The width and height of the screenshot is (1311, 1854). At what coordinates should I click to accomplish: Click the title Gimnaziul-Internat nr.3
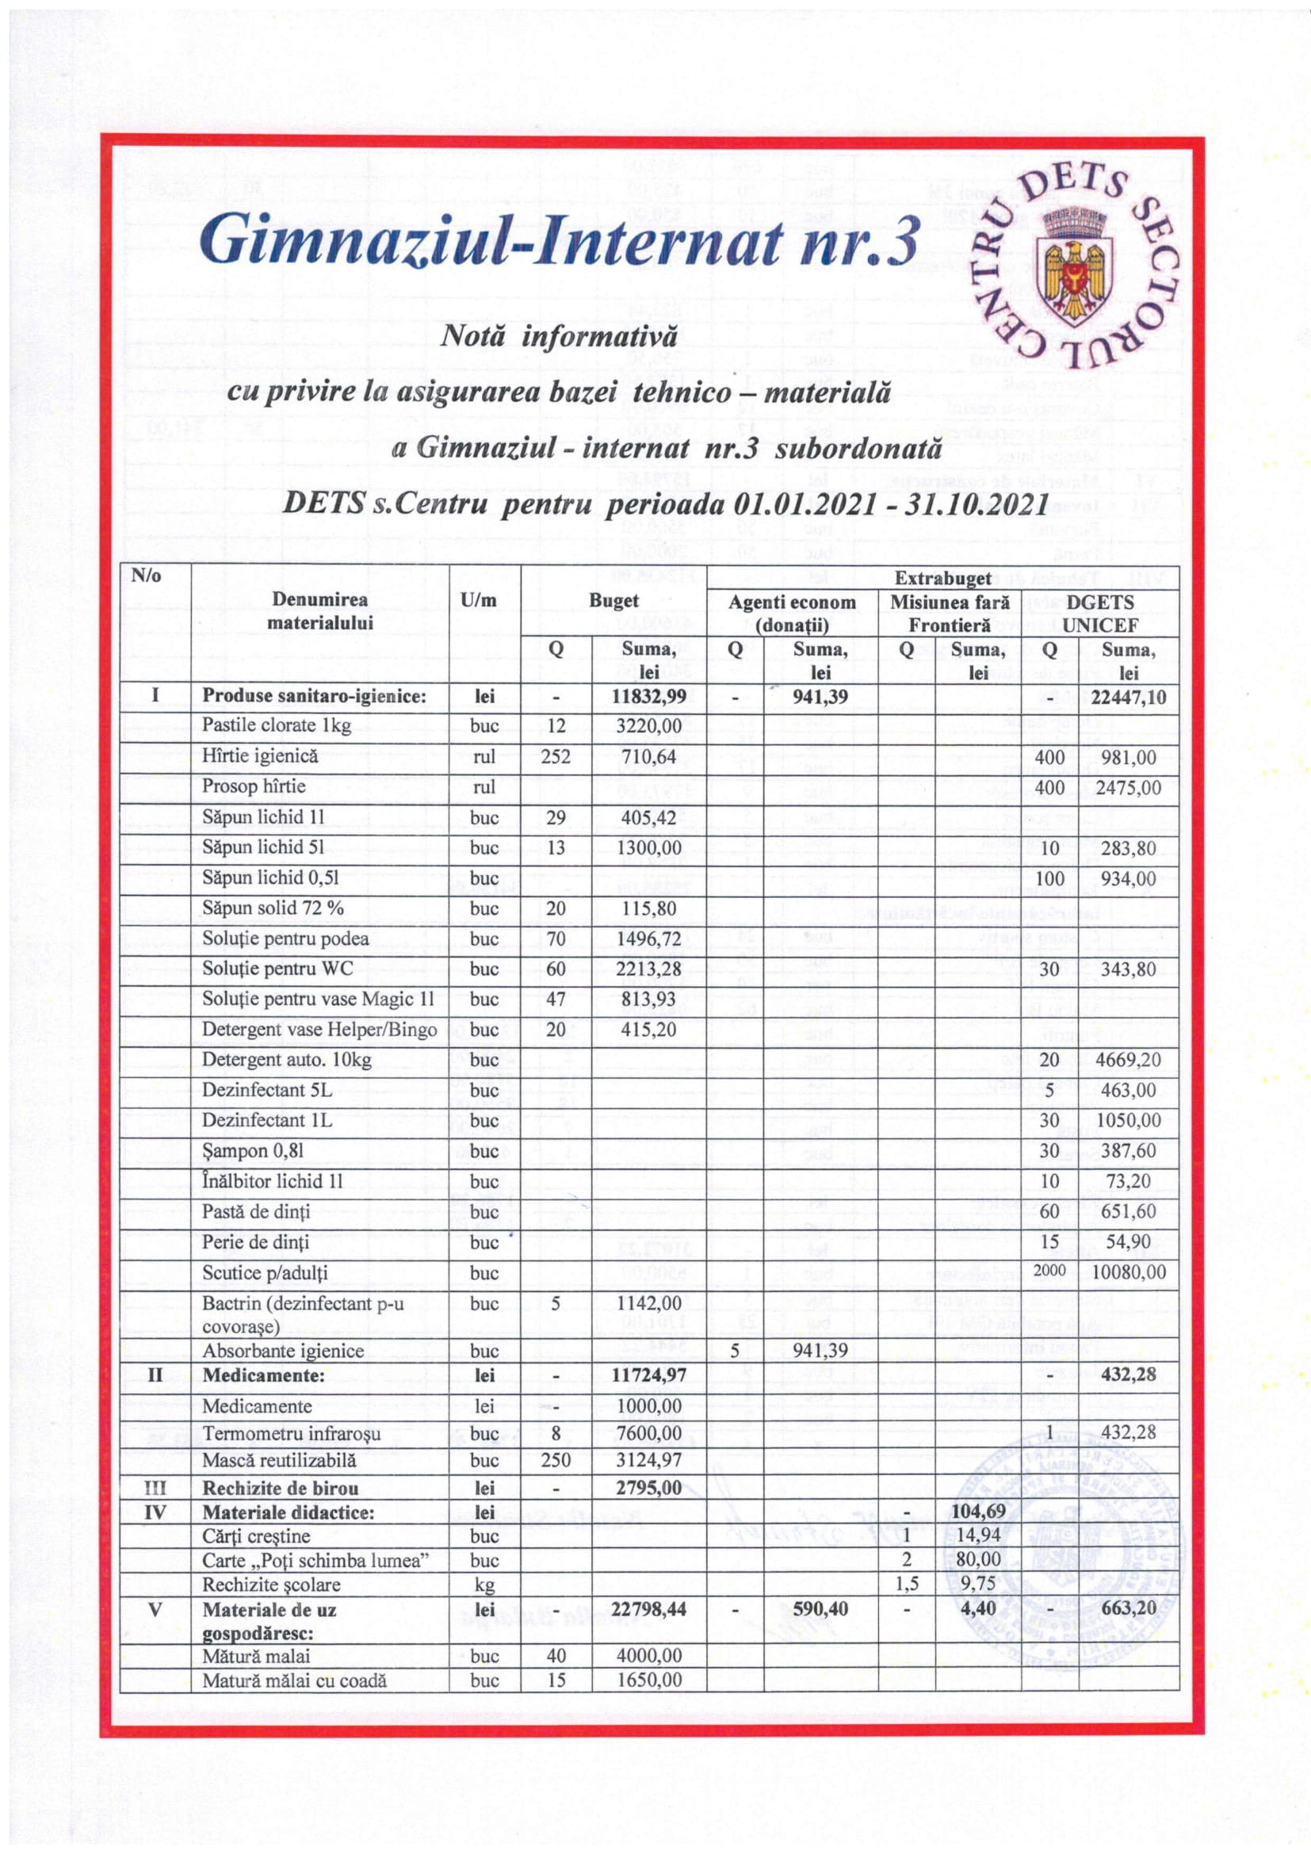560,242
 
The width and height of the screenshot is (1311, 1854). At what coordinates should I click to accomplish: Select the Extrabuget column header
942,578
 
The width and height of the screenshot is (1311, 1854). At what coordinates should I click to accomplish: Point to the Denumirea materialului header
319,610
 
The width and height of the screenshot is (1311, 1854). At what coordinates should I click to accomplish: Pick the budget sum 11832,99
648,696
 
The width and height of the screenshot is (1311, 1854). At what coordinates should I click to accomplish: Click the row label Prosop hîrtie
254,786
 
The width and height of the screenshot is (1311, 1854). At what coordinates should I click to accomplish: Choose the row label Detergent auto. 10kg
287,1060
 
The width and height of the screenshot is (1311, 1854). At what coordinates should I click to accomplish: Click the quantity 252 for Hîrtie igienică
556,757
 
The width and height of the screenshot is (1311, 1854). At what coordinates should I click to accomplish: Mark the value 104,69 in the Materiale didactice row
977,1512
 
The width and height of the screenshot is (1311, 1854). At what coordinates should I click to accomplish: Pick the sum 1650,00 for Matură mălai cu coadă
648,1680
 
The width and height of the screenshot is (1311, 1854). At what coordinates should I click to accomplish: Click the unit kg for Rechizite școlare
484,1585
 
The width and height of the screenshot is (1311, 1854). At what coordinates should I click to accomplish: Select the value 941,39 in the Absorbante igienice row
820,1351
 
